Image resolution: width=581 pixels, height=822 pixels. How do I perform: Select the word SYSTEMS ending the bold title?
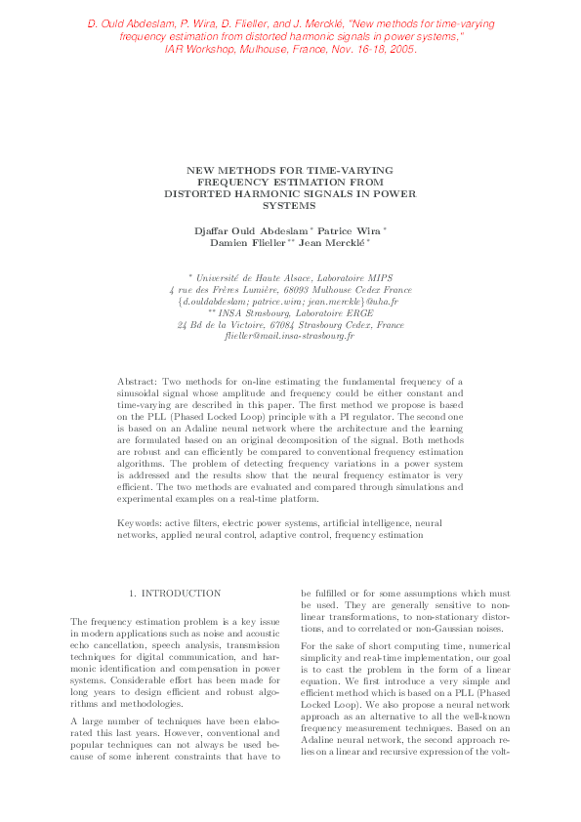coord(289,206)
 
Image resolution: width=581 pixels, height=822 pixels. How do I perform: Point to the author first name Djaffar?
coord(217,229)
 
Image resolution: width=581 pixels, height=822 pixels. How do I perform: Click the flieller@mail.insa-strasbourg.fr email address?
coord(289,337)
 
